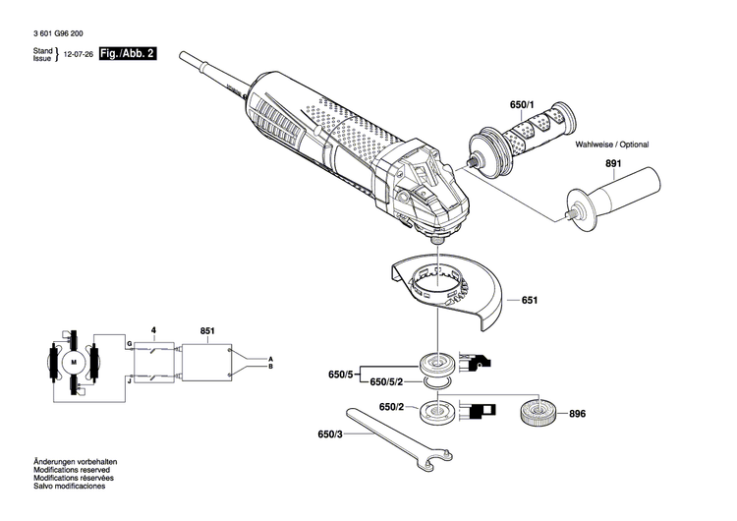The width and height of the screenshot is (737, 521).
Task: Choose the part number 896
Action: (x=577, y=414)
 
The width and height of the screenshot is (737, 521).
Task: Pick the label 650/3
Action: (x=331, y=434)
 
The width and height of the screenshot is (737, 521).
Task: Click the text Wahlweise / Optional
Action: (x=612, y=144)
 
